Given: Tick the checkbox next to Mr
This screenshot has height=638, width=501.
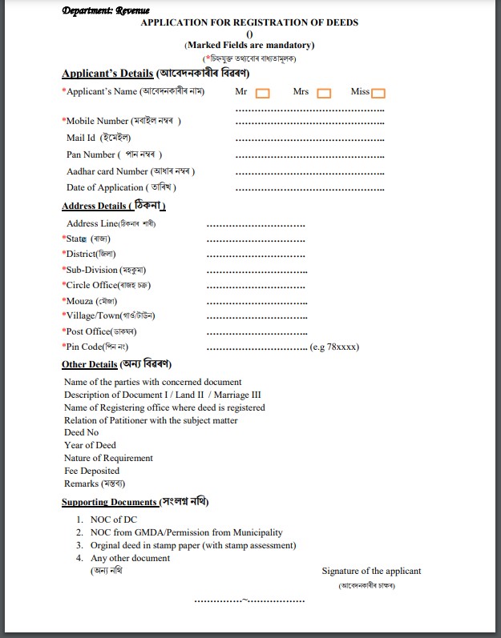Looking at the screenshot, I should pyautogui.click(x=262, y=93).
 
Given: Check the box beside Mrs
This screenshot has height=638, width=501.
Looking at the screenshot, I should pyautogui.click(x=324, y=93).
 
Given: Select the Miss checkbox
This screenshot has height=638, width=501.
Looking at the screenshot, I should pyautogui.click(x=378, y=93).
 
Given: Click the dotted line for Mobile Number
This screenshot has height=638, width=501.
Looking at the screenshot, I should pyautogui.click(x=309, y=123).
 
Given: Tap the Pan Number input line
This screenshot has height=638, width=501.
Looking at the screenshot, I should pyautogui.click(x=309, y=157).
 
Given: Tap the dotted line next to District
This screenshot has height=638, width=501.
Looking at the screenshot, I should pyautogui.click(x=256, y=256).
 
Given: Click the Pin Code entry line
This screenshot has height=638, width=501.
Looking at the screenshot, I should pyautogui.click(x=257, y=348).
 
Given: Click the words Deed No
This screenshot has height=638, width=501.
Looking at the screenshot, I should pyautogui.click(x=82, y=433).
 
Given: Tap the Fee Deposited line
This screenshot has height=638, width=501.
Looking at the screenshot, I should pyautogui.click(x=92, y=471).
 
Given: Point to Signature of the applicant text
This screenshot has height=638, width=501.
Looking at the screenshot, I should pyautogui.click(x=371, y=572).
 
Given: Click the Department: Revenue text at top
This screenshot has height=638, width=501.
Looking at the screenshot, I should pyautogui.click(x=106, y=10).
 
